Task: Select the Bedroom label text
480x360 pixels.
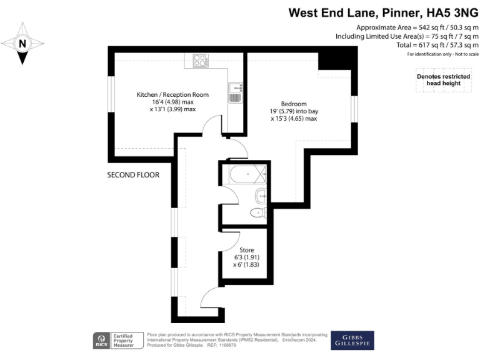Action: click(x=293, y=104)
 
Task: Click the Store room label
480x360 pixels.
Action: click(x=246, y=251)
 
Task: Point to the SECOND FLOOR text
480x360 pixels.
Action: click(x=132, y=175)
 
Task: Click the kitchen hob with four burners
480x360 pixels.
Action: click(x=201, y=61)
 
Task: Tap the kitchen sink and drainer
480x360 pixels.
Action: click(x=234, y=92)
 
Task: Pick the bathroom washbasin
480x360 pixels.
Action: click(x=262, y=195)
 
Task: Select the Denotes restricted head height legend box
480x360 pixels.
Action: click(x=438, y=80)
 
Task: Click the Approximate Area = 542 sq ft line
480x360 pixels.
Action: click(x=417, y=27)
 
